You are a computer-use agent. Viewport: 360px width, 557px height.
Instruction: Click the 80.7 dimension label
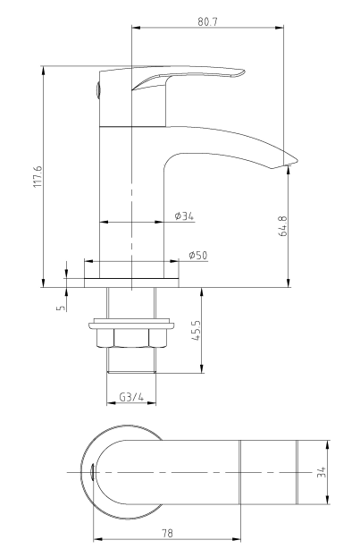207,21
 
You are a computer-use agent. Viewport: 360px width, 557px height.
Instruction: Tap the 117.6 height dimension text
38,176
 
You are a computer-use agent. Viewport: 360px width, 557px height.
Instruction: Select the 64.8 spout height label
283,226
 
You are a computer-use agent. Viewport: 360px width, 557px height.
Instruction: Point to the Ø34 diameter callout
184,215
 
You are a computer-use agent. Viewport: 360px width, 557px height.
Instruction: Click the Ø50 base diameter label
198,255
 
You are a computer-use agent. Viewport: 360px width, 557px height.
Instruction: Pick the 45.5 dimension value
197,331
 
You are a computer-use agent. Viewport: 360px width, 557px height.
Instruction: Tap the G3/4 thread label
131,397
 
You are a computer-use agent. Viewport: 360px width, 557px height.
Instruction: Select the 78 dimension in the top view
167,533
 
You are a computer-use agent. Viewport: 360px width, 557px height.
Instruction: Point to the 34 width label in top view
322,472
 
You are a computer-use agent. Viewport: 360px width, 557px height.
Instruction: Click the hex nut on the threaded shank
131,338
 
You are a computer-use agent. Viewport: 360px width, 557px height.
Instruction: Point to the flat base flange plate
131,283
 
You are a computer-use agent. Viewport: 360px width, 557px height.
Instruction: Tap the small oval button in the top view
92,472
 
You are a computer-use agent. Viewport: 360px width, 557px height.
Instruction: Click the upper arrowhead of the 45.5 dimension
202,291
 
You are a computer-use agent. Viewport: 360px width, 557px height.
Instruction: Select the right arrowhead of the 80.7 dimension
280,28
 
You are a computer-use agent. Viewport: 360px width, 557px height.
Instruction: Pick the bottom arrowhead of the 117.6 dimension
43,283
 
